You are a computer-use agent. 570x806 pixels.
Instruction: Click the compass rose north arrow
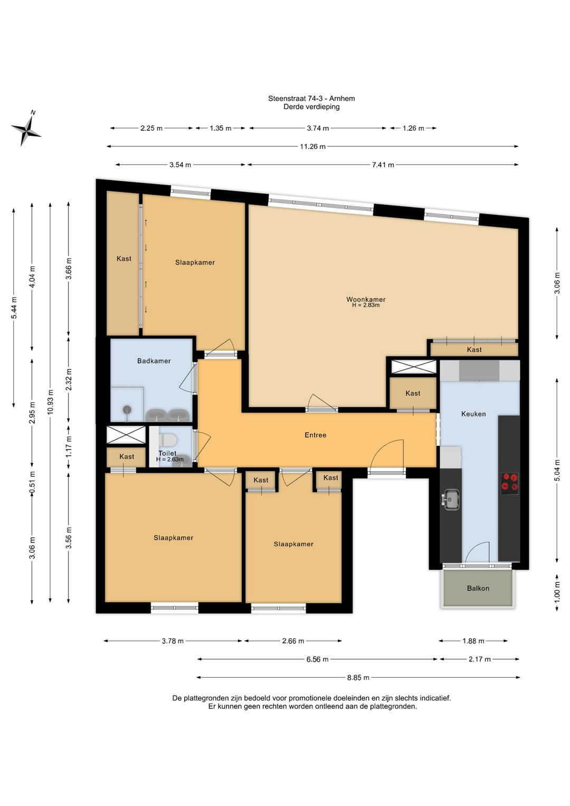[26, 128]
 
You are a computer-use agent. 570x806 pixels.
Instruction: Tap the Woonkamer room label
[366, 299]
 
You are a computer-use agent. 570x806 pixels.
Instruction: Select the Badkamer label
[154, 361]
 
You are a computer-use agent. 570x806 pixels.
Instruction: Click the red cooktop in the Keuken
[510, 484]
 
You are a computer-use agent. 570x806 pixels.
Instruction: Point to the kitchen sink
[451, 500]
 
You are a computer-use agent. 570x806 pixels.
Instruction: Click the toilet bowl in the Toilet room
[169, 439]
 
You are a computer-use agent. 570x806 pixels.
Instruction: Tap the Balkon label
[478, 588]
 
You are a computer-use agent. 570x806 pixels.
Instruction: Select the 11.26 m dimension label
[312, 146]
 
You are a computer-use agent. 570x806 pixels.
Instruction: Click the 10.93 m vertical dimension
[50, 401]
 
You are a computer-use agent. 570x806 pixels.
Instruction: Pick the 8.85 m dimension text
[358, 678]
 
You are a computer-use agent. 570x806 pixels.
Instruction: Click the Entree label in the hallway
[316, 435]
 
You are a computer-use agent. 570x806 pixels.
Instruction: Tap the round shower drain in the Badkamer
[127, 409]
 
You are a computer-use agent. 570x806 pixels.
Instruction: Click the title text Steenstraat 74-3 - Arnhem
[311, 98]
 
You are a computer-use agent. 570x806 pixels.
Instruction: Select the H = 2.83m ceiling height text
[366, 305]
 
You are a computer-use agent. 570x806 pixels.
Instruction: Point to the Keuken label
[473, 414]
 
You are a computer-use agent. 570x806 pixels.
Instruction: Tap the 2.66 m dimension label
[293, 641]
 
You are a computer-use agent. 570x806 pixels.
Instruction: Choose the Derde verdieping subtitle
[311, 107]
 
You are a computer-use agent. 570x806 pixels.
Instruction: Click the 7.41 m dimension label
[383, 165]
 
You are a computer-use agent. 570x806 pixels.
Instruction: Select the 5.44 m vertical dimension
[14, 307]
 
